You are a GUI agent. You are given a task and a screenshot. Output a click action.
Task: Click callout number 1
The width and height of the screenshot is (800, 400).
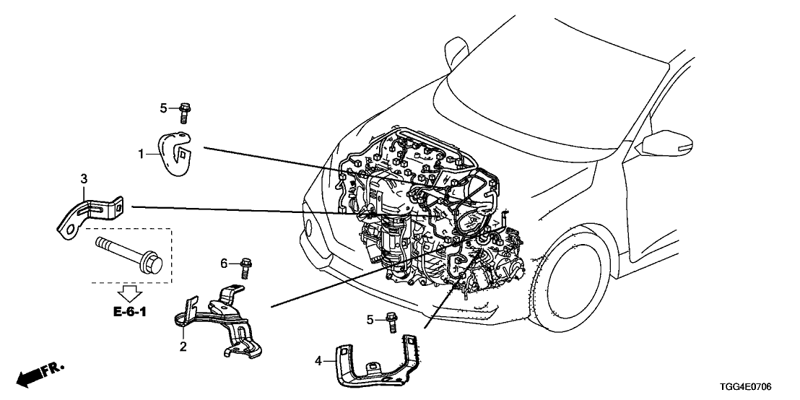coord(142,153)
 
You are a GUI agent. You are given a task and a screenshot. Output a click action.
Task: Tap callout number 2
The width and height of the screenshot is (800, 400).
coord(183,347)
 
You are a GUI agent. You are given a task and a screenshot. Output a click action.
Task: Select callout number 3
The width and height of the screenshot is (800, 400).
coord(84,178)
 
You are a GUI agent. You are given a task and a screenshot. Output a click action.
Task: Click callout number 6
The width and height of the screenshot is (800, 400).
coord(224,264)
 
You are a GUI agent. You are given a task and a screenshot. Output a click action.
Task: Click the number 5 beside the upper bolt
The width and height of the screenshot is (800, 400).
coord(163,108)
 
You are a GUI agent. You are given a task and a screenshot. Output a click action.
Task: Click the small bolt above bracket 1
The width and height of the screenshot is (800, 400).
coord(184,112)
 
